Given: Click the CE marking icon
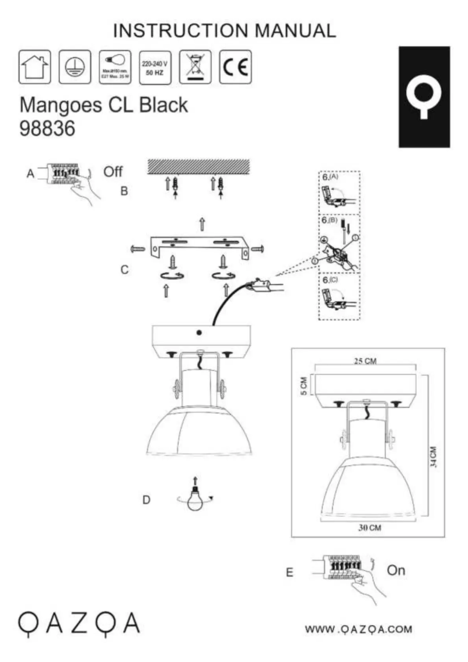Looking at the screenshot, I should (x=236, y=67).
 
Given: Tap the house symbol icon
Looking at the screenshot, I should (x=35, y=67).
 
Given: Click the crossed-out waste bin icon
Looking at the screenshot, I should (x=195, y=67).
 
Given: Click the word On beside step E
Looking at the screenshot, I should (x=396, y=570).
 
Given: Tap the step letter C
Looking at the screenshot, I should (x=124, y=271).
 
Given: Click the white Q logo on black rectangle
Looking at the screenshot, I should (x=424, y=96).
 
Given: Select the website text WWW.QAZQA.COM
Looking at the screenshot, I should (x=358, y=629).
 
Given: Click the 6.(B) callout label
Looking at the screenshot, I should (x=330, y=222).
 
